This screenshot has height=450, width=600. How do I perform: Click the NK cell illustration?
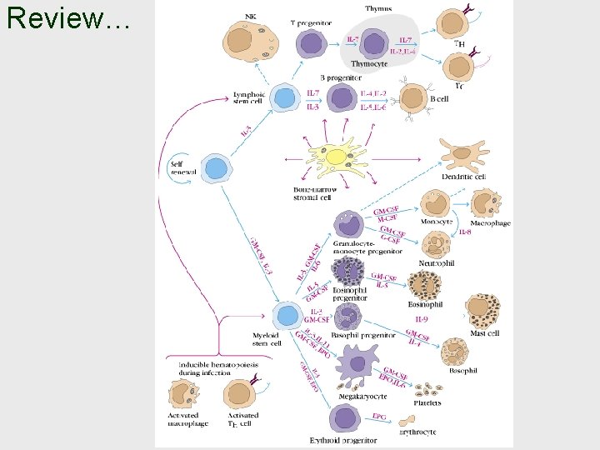click(251, 42)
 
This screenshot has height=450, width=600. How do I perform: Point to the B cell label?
click(439, 99)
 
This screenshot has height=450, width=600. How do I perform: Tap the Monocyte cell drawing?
click(436, 204)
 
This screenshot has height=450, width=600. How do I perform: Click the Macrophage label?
click(490, 223)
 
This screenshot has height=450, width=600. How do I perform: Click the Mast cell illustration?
click(485, 311)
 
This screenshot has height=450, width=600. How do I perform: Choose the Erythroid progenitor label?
click(343, 440)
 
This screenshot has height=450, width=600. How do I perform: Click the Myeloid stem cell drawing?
click(288, 316)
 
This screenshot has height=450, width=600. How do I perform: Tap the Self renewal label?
click(182, 167)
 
